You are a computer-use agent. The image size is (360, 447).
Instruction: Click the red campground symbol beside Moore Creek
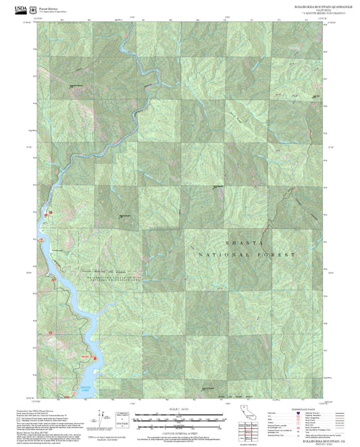[x=96, y=359]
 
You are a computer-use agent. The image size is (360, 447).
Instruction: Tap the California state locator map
[x=248, y=416]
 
